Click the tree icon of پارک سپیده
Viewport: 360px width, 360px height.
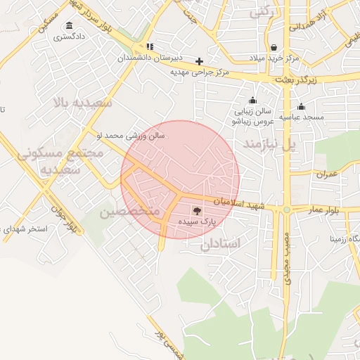tap(196, 210)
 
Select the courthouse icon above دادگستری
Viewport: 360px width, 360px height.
tap(69, 25)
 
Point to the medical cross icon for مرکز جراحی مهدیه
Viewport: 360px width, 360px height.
tap(200, 61)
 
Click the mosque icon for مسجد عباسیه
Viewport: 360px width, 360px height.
tap(301, 107)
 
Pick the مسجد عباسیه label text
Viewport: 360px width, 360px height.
tap(302, 117)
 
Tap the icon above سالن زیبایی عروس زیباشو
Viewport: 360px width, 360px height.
tap(252, 101)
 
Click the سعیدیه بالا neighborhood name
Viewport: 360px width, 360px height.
tap(82, 103)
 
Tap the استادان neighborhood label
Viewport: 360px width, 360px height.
tap(220, 243)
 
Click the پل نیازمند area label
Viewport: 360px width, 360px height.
tap(266, 145)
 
